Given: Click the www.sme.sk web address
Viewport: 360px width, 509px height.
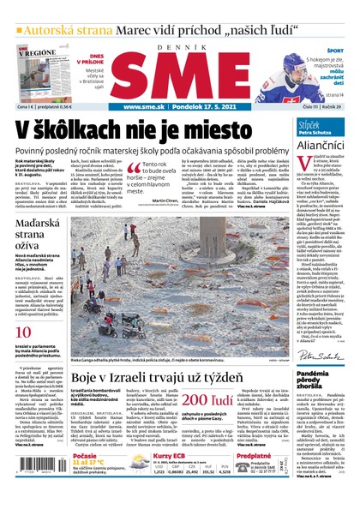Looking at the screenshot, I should point(143,107).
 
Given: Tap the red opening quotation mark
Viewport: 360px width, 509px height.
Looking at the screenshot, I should point(134,170).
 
